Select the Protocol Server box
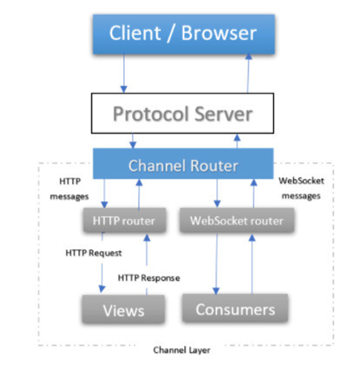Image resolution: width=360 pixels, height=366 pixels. pos(183,114)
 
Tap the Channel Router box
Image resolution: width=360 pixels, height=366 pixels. pos(183,165)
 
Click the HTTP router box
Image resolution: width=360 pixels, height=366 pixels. pos(123,221)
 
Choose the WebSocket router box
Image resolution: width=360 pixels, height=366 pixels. pos(236,221)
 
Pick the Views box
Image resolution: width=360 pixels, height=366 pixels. pos(124,309)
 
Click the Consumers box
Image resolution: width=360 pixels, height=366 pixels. pos(235,308)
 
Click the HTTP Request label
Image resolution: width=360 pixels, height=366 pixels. pos(93,253)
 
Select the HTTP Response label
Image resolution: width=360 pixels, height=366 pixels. pos(149,277)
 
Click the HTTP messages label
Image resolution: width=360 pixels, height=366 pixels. pos(69,189)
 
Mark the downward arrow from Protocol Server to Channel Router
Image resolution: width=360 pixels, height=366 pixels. pos(132,140)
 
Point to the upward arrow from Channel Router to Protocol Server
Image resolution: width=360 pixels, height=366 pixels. pos(236,140)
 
